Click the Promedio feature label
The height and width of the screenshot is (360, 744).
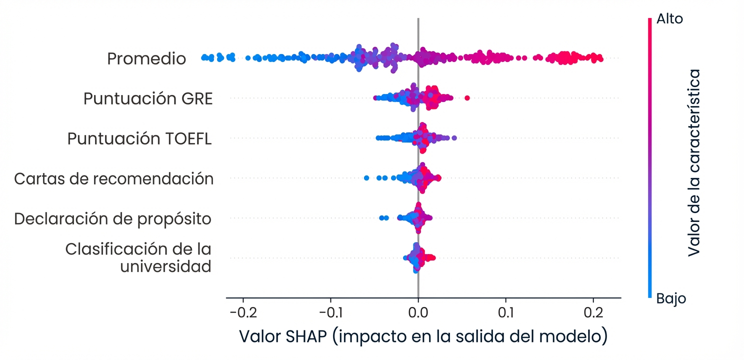coord(146,59)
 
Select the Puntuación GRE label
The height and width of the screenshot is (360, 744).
coord(148,99)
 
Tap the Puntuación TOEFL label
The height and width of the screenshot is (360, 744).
coord(140,138)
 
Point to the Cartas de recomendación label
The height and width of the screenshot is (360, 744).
coord(114,178)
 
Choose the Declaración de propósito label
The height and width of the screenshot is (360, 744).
coord(112,218)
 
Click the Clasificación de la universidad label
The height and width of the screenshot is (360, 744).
coord(138,257)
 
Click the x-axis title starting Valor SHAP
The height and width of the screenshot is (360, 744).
coord(423,336)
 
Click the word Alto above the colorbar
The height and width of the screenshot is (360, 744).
coord(670,19)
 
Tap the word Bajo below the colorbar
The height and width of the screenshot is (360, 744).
coord(671,299)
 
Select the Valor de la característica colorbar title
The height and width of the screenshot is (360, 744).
coord(693,162)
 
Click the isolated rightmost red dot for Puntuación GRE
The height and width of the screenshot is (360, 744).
coord(467,97)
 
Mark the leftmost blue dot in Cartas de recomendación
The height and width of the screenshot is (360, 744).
coord(366,177)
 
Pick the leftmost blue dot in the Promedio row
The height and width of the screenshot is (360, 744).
coord(204,57)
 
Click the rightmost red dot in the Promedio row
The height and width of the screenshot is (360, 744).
coord(600,59)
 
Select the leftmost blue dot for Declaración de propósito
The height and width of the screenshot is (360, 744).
coord(381,217)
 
